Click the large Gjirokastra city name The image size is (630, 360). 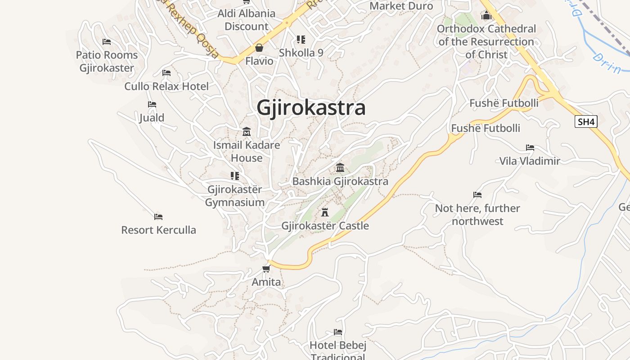[x=311, y=108]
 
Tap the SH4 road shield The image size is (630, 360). [x=586, y=121]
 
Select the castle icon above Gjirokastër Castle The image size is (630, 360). [x=325, y=212]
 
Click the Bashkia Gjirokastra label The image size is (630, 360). [x=340, y=181]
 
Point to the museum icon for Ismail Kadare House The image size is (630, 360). [x=247, y=132]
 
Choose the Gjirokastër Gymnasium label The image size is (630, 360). [x=235, y=196]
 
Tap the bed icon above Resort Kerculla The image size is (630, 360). [x=158, y=216]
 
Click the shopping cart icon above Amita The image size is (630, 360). [x=266, y=269]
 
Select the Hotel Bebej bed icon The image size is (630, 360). [x=338, y=332]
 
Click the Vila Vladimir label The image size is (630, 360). [x=530, y=161]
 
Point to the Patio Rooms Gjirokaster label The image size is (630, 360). [x=107, y=62]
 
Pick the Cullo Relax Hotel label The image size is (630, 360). [x=166, y=86]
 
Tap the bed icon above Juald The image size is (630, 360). [x=152, y=104]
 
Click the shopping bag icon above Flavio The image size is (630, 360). [x=259, y=48]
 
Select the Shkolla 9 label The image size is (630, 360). [x=301, y=53]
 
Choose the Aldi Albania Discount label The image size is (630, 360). [x=247, y=20]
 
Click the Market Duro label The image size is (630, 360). [x=401, y=6]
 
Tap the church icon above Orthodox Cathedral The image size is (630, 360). [x=486, y=16]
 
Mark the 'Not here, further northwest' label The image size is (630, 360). [x=477, y=215]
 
